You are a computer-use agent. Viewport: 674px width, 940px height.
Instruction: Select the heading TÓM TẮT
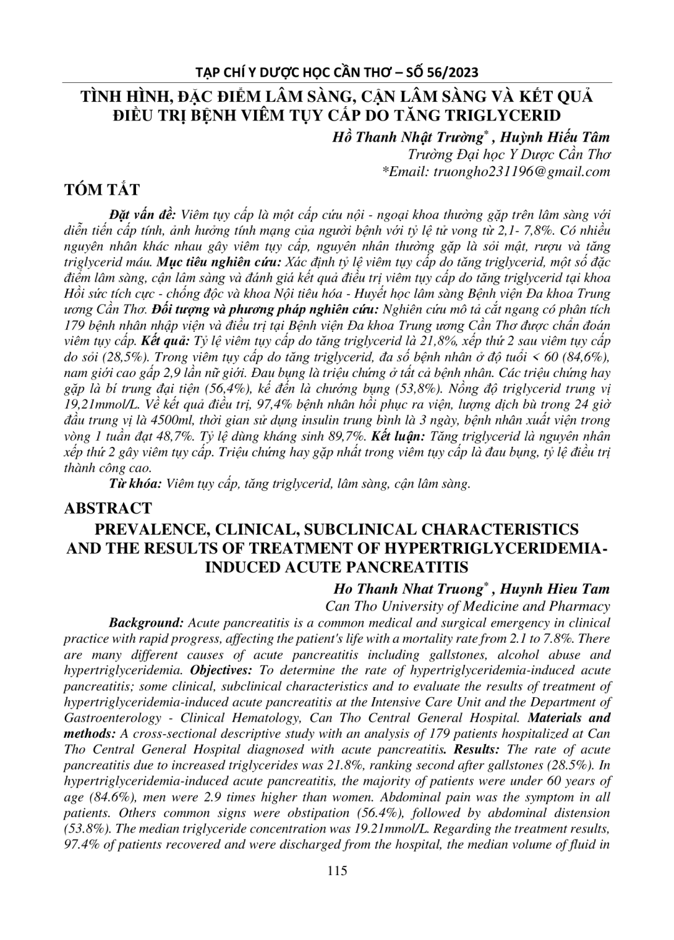102,189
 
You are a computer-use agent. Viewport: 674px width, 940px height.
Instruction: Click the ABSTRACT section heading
108,508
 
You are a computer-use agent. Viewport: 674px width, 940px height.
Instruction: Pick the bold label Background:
146,622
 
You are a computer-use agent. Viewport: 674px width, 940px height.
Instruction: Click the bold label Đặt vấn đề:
143,214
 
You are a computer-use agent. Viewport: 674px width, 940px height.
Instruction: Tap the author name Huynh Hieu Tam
555,588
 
